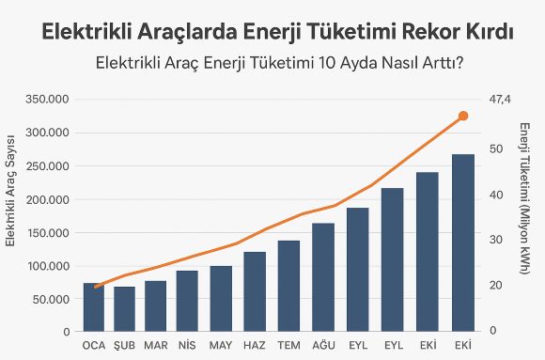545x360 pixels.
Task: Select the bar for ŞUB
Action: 124,309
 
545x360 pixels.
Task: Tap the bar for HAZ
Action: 255,291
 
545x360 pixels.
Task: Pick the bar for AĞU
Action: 323,277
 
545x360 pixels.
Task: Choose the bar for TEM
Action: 288,286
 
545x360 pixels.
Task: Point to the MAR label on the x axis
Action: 155,345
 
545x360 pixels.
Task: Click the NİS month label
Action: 187,345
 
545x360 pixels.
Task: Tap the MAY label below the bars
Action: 221,345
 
